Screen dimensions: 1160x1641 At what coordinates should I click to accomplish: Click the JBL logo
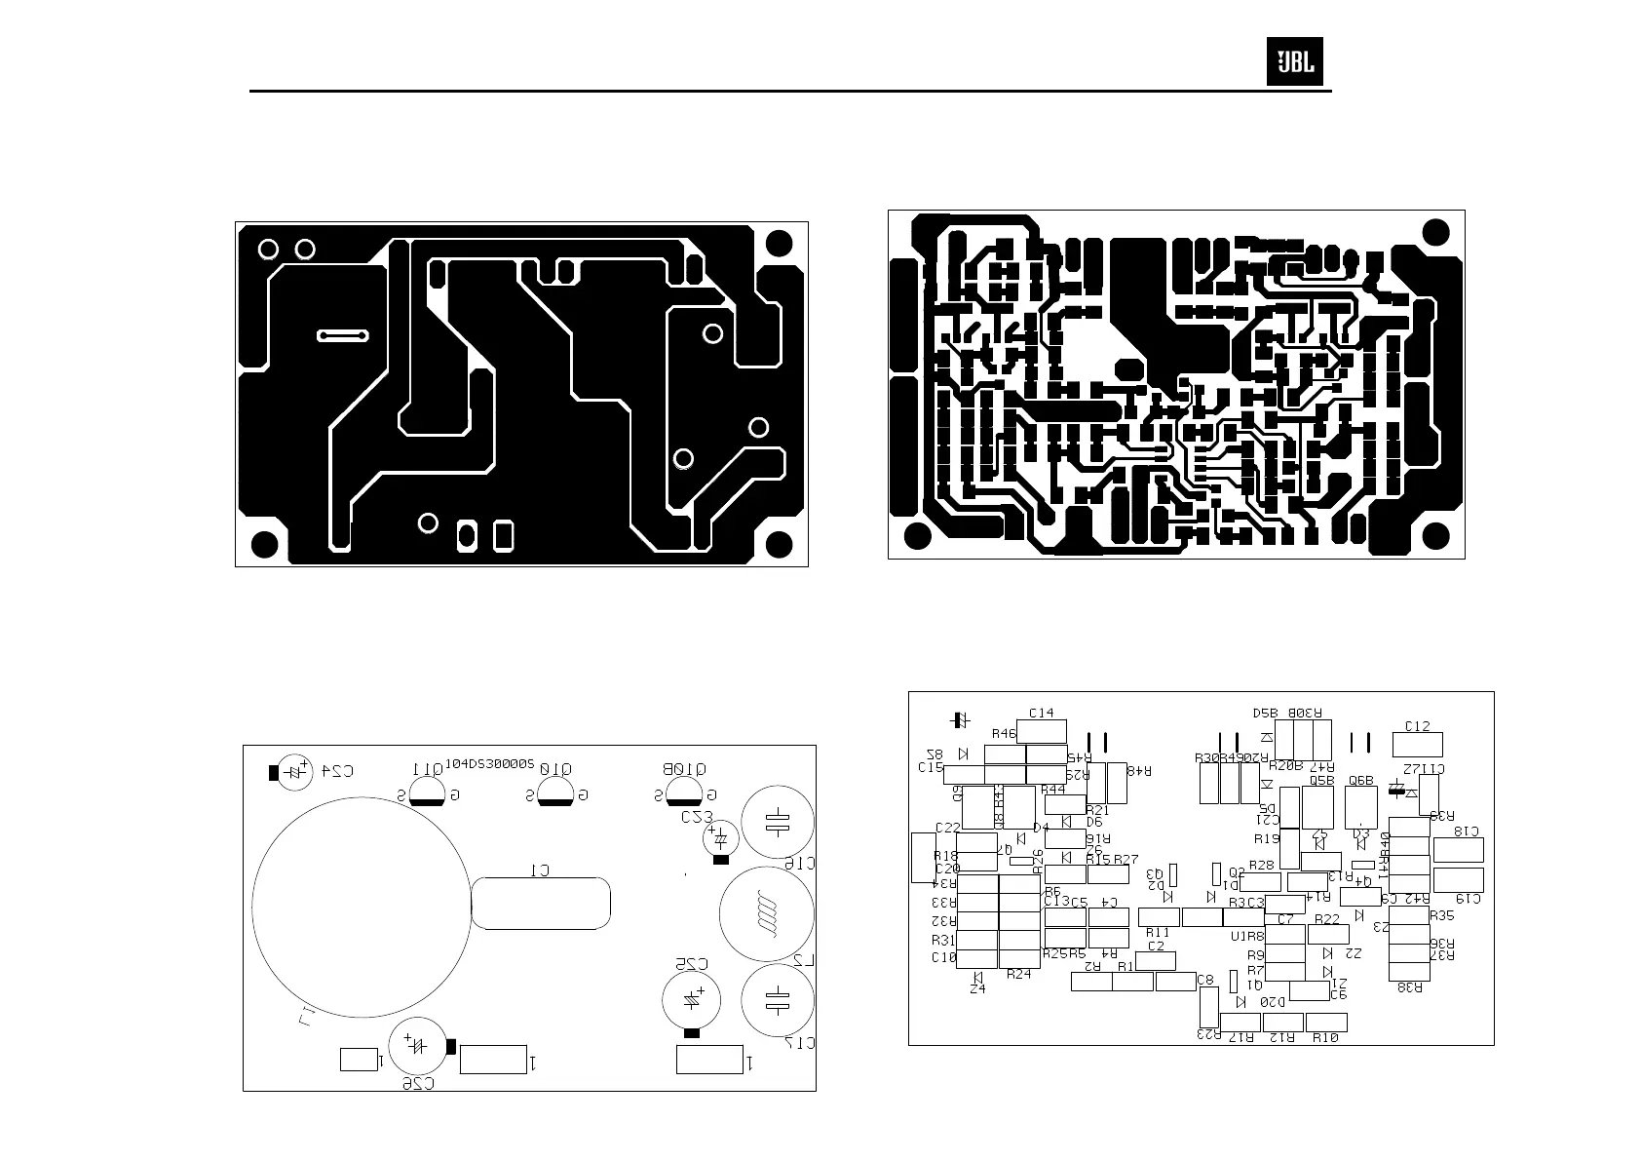tap(1294, 62)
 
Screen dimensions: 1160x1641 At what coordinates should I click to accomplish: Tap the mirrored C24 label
tap(336, 771)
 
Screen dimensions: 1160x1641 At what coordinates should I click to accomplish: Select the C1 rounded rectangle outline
tap(542, 903)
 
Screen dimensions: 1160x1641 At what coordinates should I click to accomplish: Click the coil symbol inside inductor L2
tap(767, 914)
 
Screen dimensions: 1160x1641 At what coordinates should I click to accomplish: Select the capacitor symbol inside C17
tap(777, 1000)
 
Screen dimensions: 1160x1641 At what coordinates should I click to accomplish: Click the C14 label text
tap(1042, 714)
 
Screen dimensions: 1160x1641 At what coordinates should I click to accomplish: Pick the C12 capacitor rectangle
tap(1418, 744)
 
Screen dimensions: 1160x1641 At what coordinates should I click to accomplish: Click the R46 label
tap(1004, 733)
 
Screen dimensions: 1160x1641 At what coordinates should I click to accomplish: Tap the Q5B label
tap(1320, 780)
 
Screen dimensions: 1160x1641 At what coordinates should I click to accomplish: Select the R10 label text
tap(1325, 1037)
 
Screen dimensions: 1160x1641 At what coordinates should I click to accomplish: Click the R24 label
tap(1018, 974)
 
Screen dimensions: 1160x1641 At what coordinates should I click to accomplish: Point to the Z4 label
tap(977, 988)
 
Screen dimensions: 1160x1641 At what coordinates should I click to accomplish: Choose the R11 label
tap(1158, 933)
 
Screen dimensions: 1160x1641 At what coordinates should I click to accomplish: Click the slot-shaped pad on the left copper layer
tap(343, 335)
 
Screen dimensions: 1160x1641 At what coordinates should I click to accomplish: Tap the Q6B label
tap(1360, 781)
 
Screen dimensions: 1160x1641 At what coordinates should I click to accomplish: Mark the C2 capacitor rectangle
tap(1156, 960)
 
